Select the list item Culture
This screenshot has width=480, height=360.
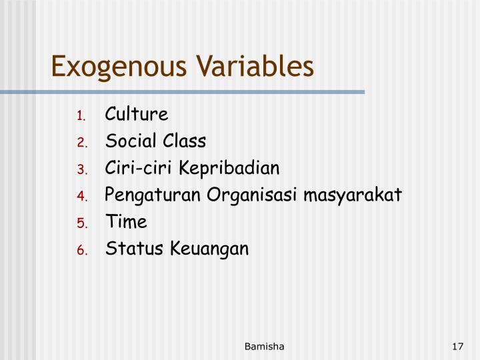click(x=137, y=114)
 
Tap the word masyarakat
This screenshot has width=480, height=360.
click(x=353, y=195)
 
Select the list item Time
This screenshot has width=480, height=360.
click(x=126, y=222)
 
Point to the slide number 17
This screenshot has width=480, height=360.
click(x=457, y=346)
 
